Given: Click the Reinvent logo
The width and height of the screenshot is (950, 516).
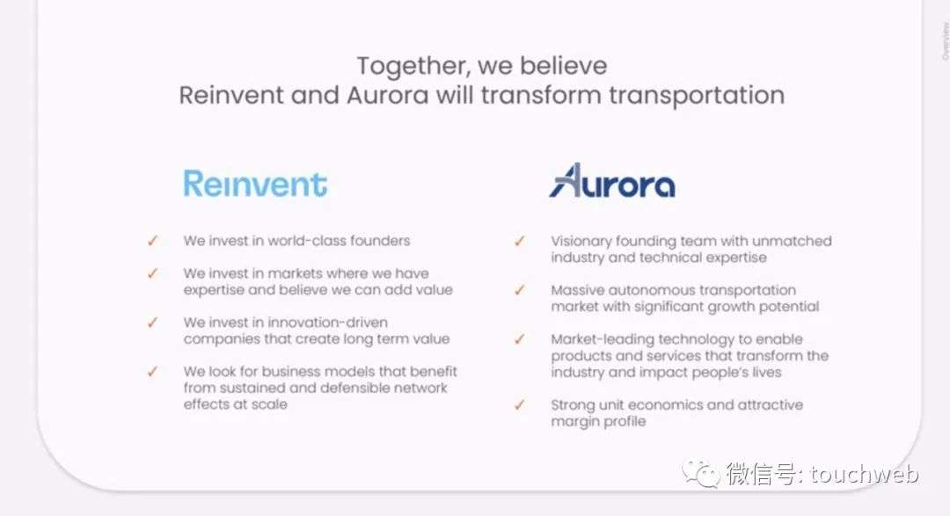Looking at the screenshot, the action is tap(255, 184).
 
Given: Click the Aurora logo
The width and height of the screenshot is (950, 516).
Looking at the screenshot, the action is tap(612, 180).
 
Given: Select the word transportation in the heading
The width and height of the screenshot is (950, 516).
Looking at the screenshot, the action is tap(697, 96).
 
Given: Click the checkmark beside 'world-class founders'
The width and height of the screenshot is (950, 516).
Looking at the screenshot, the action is tap(152, 241).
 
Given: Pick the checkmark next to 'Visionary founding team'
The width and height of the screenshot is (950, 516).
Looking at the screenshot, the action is tap(519, 241).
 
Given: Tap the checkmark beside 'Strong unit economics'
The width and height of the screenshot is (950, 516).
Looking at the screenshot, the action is tap(519, 404).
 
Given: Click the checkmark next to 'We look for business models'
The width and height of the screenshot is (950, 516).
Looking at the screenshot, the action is tap(152, 371).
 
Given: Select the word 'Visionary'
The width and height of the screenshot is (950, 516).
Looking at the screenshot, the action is tap(581, 242).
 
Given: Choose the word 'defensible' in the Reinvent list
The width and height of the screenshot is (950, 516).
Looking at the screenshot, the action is tap(354, 388).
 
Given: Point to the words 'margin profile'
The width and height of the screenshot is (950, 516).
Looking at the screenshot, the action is tap(599, 422).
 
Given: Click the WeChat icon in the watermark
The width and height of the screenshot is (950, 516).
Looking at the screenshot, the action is tap(701, 473).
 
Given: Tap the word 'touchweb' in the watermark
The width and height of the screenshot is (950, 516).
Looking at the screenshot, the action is tap(864, 474).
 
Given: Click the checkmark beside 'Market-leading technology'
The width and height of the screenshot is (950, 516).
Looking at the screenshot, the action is tap(519, 339).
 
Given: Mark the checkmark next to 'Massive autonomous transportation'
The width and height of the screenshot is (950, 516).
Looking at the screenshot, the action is tap(519, 290).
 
